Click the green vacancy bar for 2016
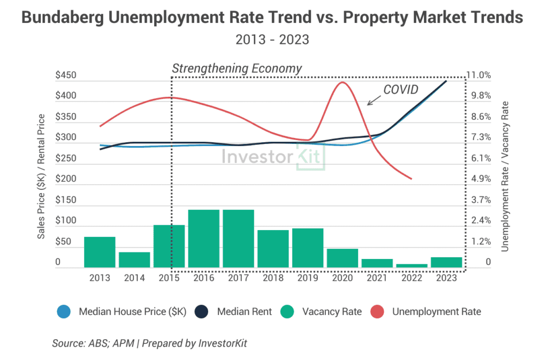[204, 239]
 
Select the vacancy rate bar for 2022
[412, 265]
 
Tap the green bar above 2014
[134, 259]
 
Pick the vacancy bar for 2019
[308, 248]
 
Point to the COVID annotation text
[400, 89]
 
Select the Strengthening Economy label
[237, 68]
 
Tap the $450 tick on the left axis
[66, 76]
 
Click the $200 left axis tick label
[66, 180]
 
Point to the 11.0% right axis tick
[481, 75]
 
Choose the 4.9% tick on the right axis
[481, 179]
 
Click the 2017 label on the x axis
[239, 278]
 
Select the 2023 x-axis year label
[447, 278]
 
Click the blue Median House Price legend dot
[63, 311]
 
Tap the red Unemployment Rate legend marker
[377, 311]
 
